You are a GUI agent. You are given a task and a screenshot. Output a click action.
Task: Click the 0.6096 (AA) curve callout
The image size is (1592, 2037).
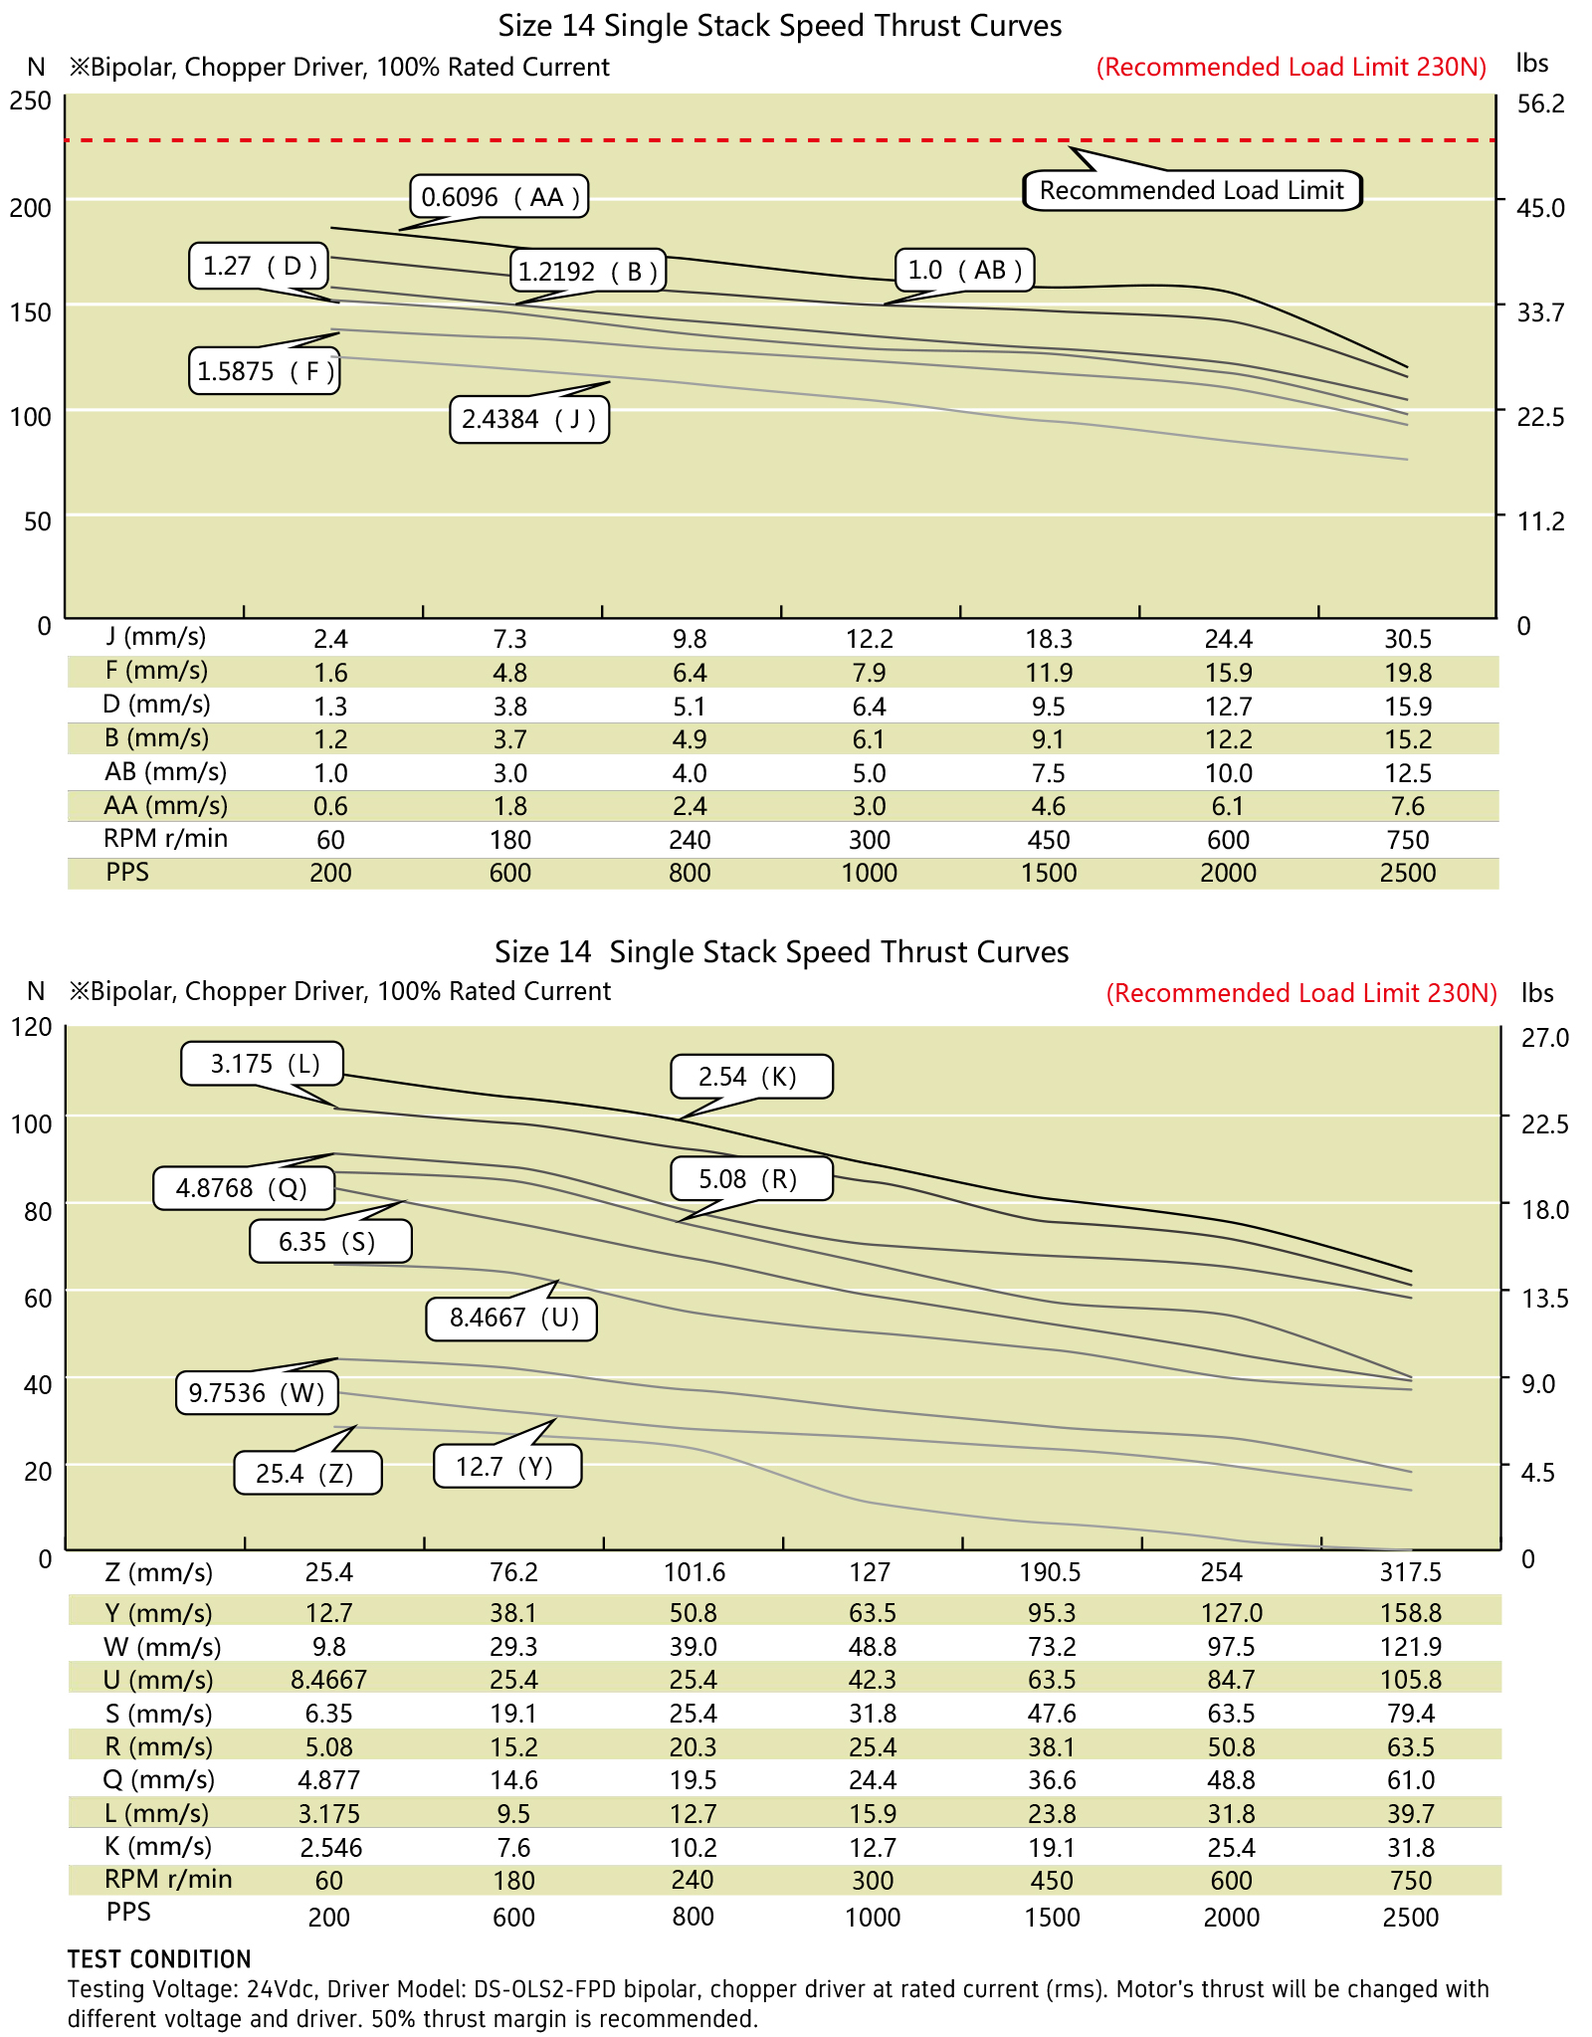[x=499, y=197]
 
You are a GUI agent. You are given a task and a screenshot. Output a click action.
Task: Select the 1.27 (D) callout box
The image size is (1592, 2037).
[x=260, y=266]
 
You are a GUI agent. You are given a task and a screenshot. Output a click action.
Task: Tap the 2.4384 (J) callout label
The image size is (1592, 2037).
[x=529, y=419]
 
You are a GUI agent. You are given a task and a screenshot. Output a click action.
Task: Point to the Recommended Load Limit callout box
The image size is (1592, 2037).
[x=1192, y=190]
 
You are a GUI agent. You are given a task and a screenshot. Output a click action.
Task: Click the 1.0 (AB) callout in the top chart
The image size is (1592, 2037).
[x=965, y=270]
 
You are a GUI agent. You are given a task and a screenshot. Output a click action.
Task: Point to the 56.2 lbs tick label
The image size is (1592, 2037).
[x=1541, y=103]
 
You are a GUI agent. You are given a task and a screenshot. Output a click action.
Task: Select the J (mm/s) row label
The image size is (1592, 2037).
[x=156, y=637]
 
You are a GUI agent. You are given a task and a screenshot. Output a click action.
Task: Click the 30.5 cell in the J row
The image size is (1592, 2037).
[x=1408, y=639]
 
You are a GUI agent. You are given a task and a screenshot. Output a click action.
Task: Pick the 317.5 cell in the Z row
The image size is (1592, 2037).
[x=1410, y=1572]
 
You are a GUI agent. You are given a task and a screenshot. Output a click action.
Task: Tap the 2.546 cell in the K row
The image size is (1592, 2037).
[x=330, y=1848]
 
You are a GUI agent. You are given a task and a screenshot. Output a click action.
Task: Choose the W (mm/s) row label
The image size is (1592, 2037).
[x=162, y=1646]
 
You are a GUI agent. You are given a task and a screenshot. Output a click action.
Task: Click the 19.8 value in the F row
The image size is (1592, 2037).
[x=1408, y=673]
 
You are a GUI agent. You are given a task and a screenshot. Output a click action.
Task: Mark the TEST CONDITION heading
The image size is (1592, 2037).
[x=159, y=1958]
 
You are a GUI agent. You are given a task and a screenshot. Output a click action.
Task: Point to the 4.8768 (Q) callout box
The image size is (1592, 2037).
[x=242, y=1187]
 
